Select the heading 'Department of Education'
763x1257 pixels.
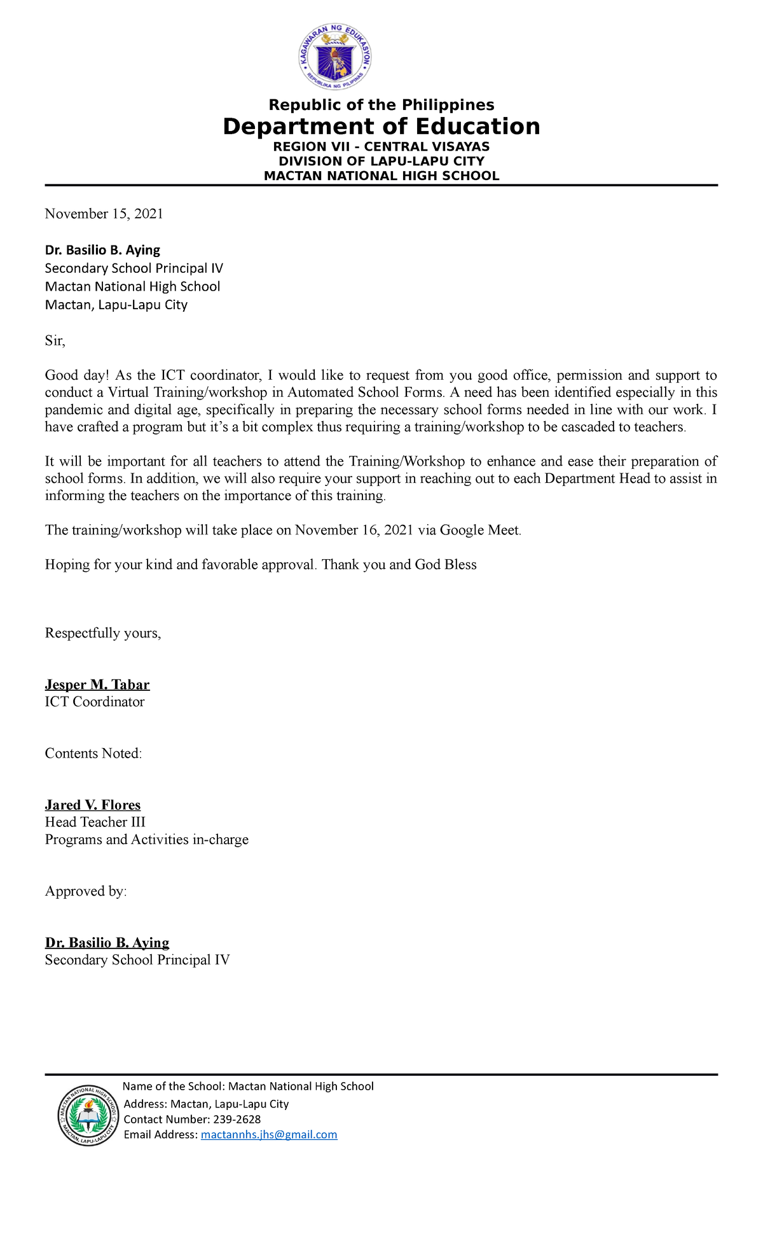tap(381, 127)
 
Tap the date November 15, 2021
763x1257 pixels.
tap(104, 214)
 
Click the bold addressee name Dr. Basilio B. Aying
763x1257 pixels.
tap(102, 250)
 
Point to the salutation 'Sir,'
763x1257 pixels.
tap(55, 341)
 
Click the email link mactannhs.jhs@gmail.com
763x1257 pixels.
tap(269, 1134)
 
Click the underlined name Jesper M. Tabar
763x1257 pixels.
tap(97, 685)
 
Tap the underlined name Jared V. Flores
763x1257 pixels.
tap(93, 805)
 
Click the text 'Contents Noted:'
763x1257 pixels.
tap(93, 754)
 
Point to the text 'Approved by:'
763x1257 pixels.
tap(86, 892)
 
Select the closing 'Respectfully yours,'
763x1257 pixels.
tap(103, 634)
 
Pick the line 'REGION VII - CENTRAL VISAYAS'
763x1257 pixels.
tap(381, 147)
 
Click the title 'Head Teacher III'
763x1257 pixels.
tap(95, 823)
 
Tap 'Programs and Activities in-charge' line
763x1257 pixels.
tap(147, 840)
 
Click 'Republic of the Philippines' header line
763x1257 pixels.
tap(381, 105)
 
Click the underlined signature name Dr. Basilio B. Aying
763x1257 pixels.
tap(107, 943)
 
